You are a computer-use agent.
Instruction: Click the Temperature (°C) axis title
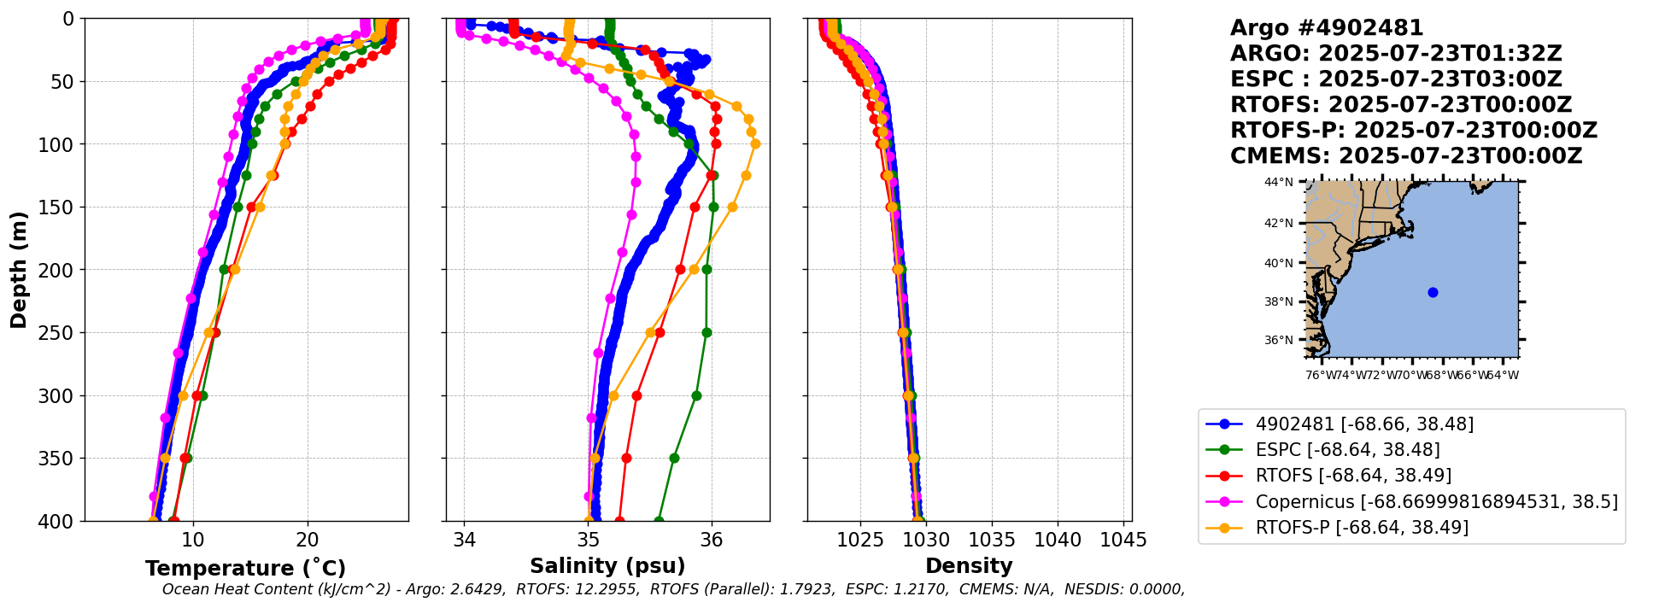coord(245,568)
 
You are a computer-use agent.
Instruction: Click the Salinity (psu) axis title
coord(607,566)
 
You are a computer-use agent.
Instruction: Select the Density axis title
coord(969,566)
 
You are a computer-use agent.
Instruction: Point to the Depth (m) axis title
coord(19,269)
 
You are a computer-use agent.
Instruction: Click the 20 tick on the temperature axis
coord(308,540)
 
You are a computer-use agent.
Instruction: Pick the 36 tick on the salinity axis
coord(711,540)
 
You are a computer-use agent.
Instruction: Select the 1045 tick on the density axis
coord(1123,540)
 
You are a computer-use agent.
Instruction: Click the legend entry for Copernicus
coord(1436,501)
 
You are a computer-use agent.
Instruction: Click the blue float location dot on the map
coord(1433,292)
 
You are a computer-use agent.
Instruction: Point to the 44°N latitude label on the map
coord(1279,182)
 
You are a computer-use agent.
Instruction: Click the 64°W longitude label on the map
coord(1504,375)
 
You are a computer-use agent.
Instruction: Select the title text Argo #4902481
coord(1327,28)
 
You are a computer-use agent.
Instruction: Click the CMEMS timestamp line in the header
coord(1405,156)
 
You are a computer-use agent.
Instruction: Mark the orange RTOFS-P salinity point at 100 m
coord(755,143)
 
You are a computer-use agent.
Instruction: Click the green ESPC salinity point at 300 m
coord(696,395)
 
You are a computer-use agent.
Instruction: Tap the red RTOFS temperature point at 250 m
coord(215,332)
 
